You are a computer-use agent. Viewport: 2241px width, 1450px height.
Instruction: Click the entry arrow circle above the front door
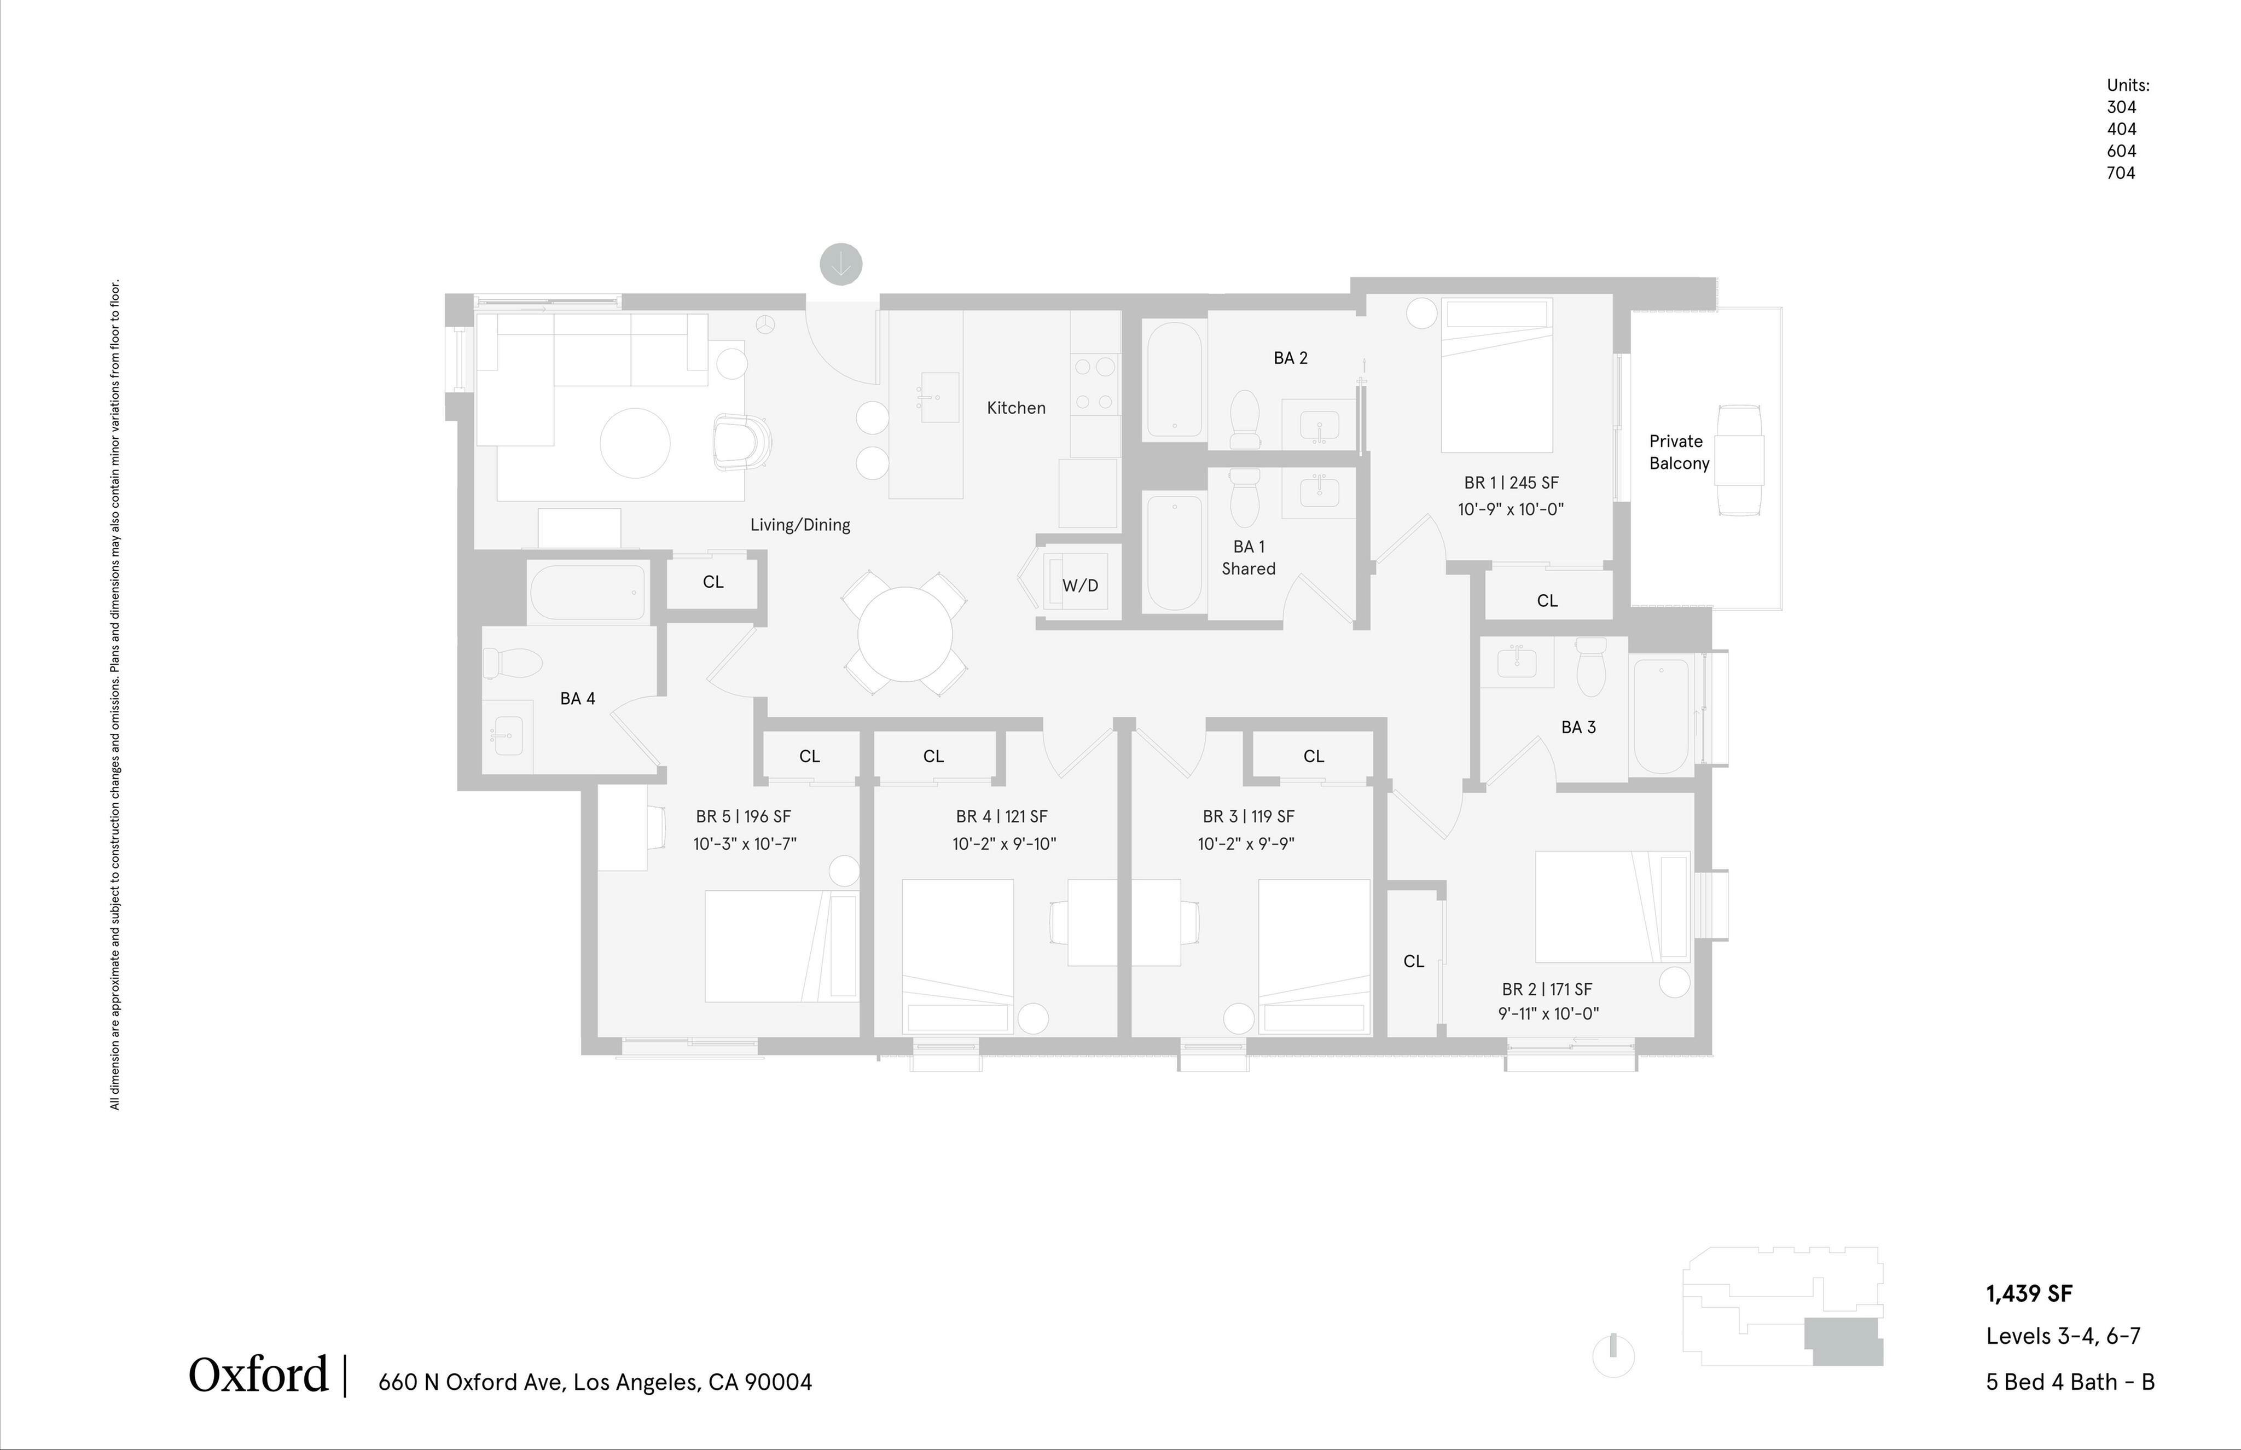point(840,264)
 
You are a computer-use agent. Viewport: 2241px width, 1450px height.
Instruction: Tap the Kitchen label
point(1015,408)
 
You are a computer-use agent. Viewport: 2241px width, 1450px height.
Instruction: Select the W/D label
point(1079,585)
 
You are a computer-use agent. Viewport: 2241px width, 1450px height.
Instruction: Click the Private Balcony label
point(1678,452)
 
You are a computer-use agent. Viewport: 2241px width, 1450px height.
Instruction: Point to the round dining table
point(904,634)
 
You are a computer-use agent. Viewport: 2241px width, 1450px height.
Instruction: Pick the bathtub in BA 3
point(1661,716)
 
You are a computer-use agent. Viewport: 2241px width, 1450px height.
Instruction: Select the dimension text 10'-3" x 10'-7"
point(745,844)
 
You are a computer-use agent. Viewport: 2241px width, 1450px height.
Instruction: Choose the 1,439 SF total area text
point(2028,1294)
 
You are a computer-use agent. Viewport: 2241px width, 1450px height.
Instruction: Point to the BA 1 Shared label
point(1248,558)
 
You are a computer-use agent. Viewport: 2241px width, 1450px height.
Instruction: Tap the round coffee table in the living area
point(635,443)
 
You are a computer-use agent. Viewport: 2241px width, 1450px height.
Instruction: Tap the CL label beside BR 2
point(1414,961)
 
